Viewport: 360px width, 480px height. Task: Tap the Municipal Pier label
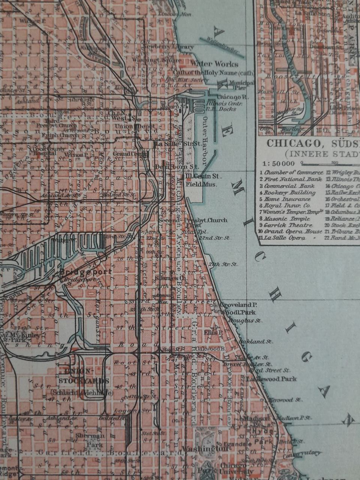244,85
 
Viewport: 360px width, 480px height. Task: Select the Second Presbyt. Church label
193,220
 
